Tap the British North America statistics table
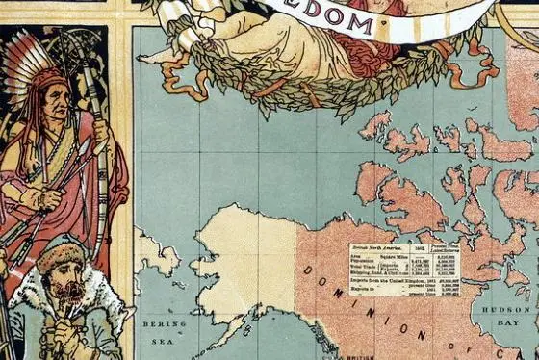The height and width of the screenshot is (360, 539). point(403,269)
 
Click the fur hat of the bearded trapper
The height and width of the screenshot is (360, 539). point(62,255)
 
